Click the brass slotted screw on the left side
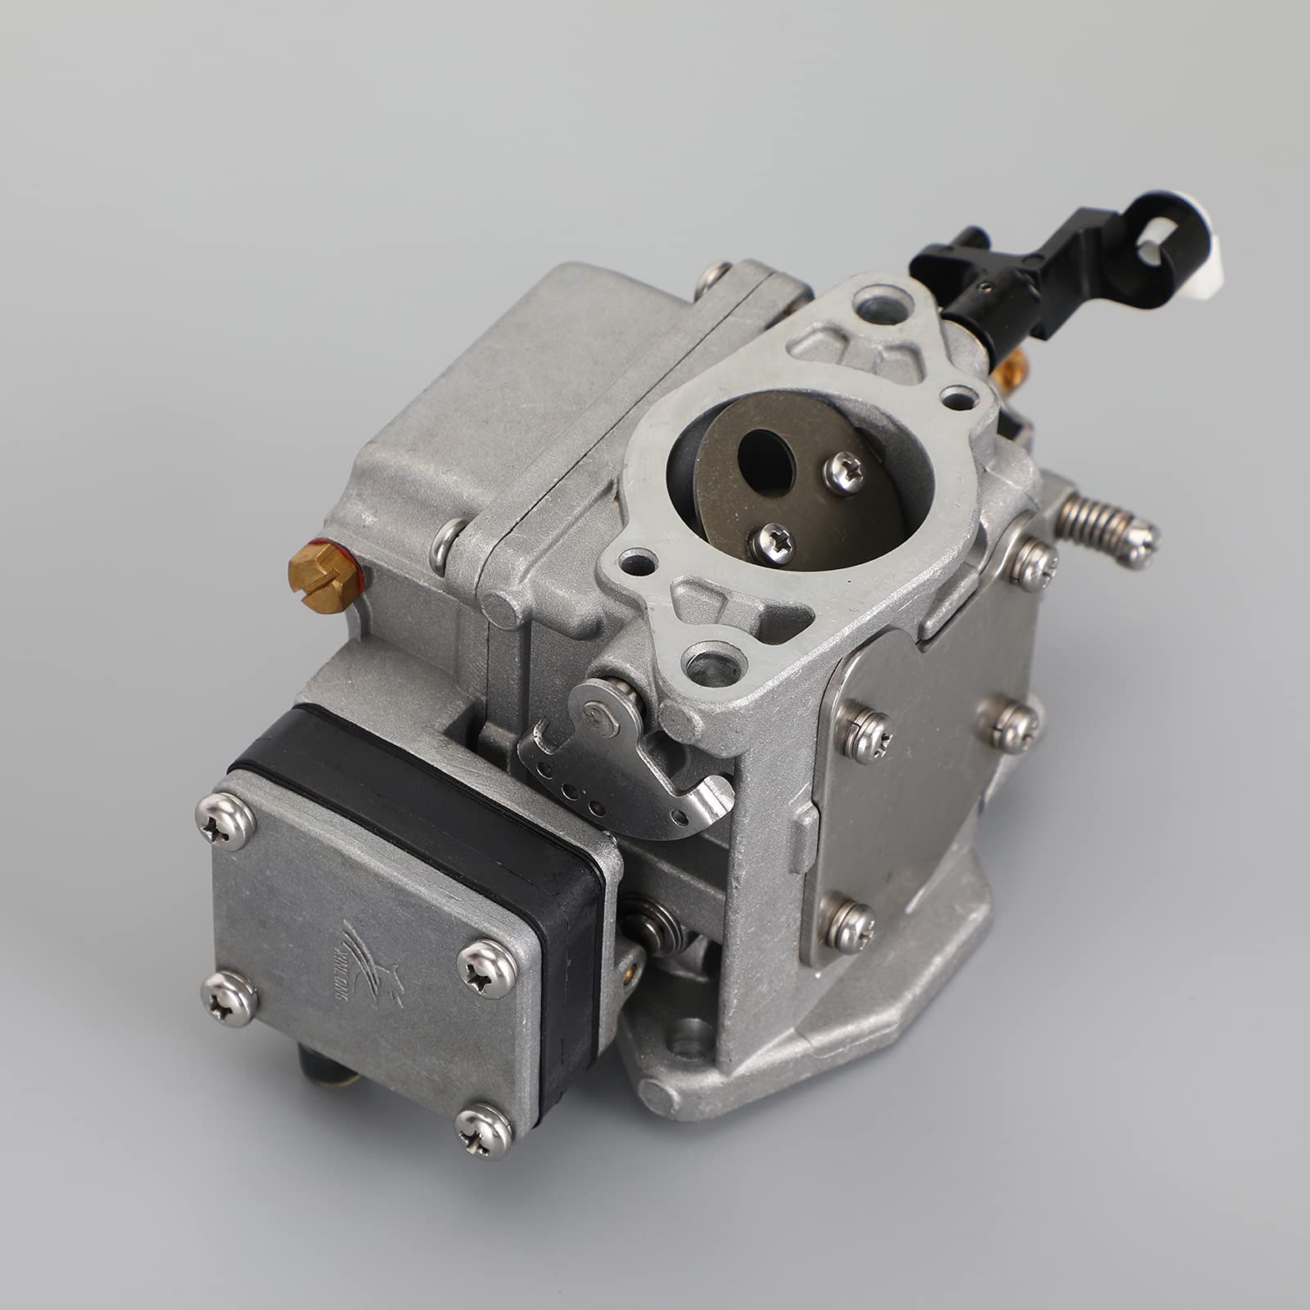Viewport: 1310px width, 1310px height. point(325,576)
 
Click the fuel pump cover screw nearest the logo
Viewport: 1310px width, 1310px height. point(487,969)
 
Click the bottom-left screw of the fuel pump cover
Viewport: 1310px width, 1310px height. point(228,999)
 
